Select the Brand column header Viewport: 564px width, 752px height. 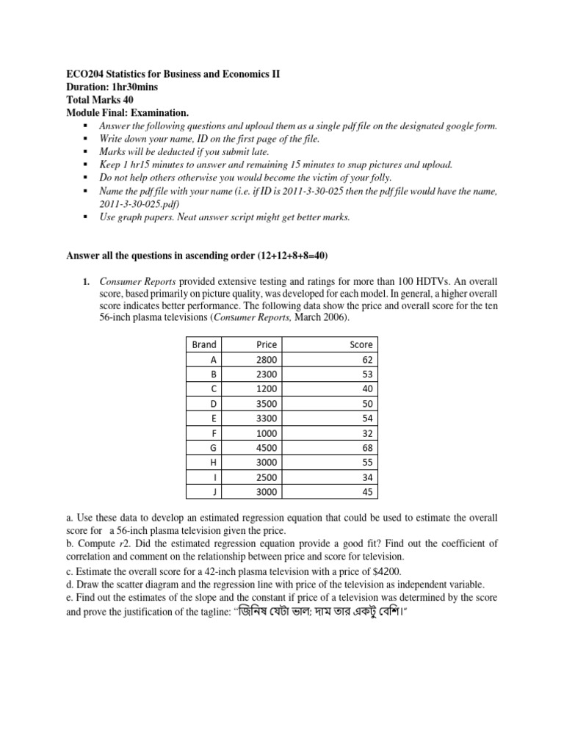203,344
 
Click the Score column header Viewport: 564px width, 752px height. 361,344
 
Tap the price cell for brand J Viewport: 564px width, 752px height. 266,492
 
